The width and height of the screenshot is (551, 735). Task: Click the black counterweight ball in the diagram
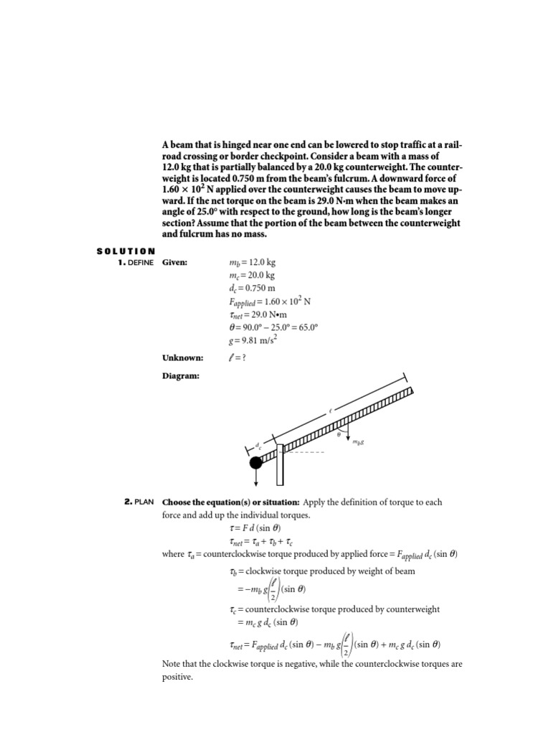(x=255, y=463)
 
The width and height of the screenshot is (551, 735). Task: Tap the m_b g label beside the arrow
(x=357, y=442)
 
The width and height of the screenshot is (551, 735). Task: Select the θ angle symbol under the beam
(x=339, y=435)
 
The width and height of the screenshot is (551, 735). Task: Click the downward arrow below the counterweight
(x=255, y=479)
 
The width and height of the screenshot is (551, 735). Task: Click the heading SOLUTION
(x=126, y=251)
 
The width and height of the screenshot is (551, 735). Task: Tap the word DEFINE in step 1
(x=141, y=263)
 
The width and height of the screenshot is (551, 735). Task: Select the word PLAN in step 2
(x=144, y=502)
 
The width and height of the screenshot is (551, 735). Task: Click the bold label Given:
(x=175, y=263)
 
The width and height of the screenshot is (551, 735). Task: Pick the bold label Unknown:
(x=182, y=357)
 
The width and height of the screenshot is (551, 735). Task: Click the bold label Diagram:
(x=181, y=375)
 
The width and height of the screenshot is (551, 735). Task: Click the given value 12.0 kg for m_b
(x=257, y=263)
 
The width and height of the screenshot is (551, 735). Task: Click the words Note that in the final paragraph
(x=179, y=664)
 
